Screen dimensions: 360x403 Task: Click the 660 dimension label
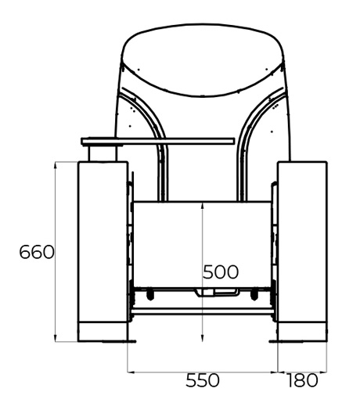pos(37,252)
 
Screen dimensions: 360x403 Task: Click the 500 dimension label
pos(221,272)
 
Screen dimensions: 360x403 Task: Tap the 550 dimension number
pos(203,380)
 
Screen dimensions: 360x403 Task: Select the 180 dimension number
pos(302,380)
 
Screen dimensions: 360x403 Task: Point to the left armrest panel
pos(103,242)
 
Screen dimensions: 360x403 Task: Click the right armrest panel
pos(302,242)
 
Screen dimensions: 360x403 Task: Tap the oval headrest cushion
pos(203,60)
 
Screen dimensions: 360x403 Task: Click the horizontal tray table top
pos(158,141)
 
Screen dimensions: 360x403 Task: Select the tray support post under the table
pos(103,153)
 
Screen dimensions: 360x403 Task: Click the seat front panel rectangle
pos(202,244)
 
